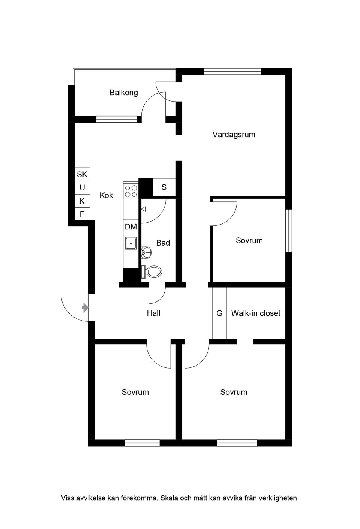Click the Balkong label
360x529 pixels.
(x=123, y=93)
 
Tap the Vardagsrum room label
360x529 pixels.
(x=234, y=135)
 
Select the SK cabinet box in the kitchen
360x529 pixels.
(x=82, y=174)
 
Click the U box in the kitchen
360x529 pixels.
(x=82, y=188)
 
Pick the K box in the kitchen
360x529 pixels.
(x=82, y=201)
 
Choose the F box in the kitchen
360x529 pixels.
(x=82, y=214)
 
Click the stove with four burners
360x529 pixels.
(x=131, y=191)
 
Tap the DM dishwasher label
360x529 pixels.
(x=131, y=227)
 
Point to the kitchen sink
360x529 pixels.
(x=131, y=243)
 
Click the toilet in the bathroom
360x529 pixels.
(x=153, y=272)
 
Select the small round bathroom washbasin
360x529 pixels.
(x=146, y=252)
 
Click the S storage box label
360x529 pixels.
(x=164, y=187)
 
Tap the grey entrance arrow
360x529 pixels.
(x=85, y=308)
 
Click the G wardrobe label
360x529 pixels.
(x=219, y=313)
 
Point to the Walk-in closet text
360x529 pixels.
(x=256, y=313)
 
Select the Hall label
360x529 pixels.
(x=153, y=313)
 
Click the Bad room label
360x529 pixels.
(x=163, y=243)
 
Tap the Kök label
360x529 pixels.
(x=106, y=195)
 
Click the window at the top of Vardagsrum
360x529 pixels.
(x=232, y=71)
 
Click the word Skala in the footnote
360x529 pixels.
(x=169, y=498)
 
